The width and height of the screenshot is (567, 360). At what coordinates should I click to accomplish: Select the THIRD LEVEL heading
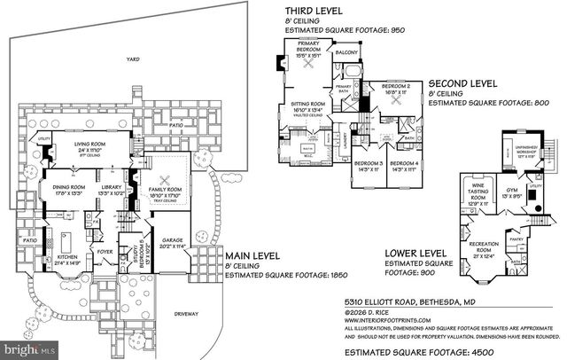click(x=310, y=11)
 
